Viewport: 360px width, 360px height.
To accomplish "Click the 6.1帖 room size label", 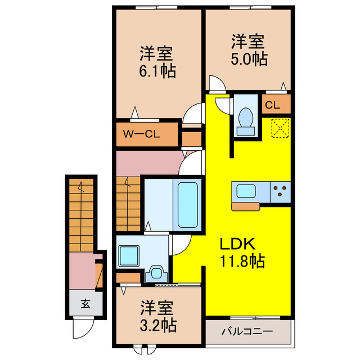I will (x=157, y=71).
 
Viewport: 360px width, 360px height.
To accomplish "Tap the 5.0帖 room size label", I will (x=248, y=59).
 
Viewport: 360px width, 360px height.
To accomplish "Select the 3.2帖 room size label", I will (x=157, y=325).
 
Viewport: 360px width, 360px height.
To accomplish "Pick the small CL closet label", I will (x=272, y=105).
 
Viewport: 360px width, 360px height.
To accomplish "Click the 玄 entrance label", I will (x=84, y=304).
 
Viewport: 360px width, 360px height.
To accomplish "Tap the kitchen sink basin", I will (x=246, y=191).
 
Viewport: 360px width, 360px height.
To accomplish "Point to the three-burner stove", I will (x=280, y=191).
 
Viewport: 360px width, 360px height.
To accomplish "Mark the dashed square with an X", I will (x=280, y=128).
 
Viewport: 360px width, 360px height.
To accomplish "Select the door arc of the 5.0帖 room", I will (x=217, y=85).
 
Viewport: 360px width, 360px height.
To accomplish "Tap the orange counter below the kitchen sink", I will (x=245, y=206).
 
